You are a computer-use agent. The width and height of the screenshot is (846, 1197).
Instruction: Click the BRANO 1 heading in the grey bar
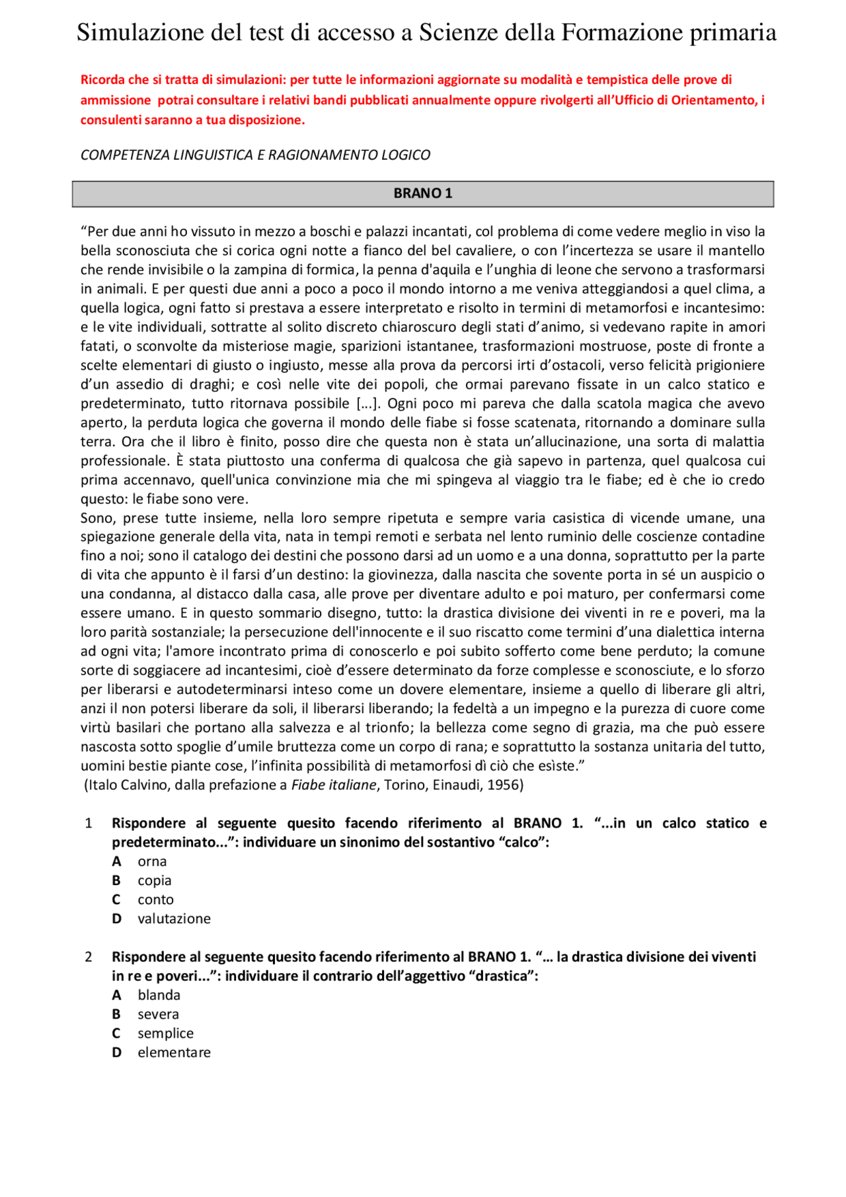[x=422, y=194]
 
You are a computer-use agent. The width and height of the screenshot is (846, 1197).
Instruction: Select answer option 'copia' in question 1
[x=155, y=880]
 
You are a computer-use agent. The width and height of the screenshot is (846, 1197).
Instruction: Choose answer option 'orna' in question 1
[x=152, y=861]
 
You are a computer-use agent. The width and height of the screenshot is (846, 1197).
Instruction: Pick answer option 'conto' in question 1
[x=155, y=900]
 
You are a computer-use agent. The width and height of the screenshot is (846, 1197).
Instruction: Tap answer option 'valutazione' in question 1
[x=174, y=919]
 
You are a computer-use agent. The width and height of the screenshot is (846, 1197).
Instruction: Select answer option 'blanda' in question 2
[x=159, y=995]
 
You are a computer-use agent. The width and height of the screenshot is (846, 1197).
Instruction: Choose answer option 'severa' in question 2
[x=158, y=1014]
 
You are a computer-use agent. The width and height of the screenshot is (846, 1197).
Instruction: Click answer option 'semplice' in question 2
[x=165, y=1033]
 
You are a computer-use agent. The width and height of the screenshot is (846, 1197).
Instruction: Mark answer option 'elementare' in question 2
[x=174, y=1052]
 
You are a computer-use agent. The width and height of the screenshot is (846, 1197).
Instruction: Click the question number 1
[x=89, y=824]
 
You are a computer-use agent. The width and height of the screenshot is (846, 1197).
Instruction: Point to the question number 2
[x=89, y=957]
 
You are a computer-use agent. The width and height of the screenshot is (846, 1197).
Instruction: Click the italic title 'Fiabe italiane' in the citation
[x=334, y=785]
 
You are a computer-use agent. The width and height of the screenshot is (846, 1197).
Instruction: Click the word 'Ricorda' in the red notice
[x=102, y=80]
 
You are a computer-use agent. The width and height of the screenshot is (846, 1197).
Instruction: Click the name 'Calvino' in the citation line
[x=146, y=785]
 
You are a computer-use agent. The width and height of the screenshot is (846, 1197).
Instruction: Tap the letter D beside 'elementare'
[x=116, y=1052]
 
